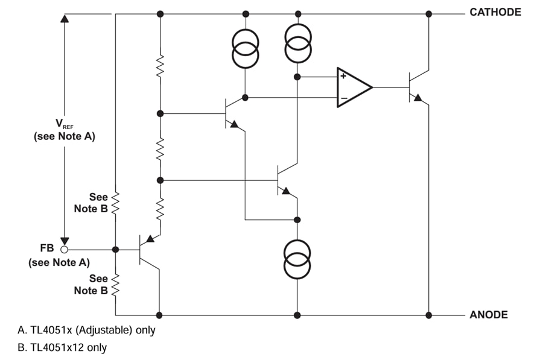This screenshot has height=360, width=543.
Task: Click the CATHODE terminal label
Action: pos(495,12)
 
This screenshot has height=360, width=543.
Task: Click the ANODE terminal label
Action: pos(488,315)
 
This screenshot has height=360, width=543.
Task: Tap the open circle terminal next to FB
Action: pos(65,249)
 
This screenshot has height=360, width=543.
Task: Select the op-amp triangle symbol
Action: pos(353,87)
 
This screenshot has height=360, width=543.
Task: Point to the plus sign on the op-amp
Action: pos(343,77)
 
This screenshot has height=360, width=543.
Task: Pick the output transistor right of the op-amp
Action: pos(416,87)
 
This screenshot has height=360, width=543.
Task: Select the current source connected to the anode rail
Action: pos(297,259)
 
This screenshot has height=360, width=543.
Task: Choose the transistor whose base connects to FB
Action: pos(147,249)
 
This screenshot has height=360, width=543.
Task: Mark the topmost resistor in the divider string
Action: pos(160,66)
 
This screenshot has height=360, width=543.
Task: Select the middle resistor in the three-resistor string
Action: pos(160,147)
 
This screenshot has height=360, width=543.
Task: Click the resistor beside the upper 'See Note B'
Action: pos(115,203)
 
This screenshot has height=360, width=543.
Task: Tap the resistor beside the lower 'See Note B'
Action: pos(115,284)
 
